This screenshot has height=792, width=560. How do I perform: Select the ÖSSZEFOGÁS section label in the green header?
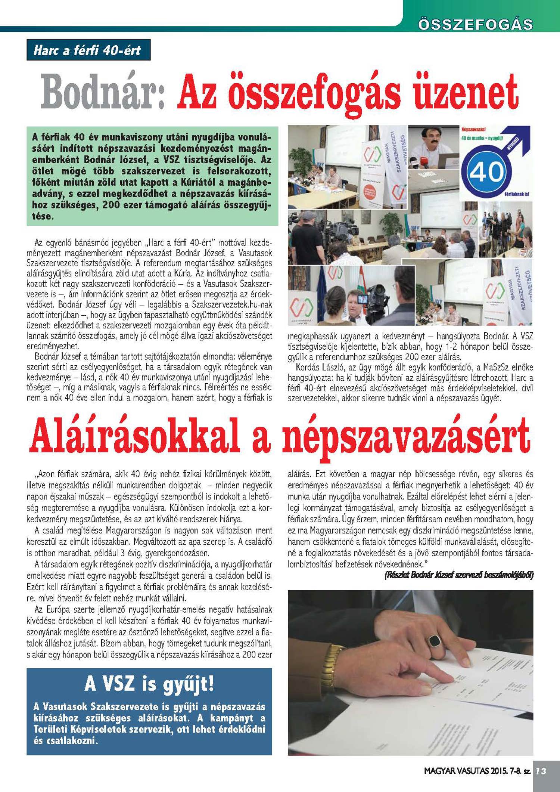coord(475,25)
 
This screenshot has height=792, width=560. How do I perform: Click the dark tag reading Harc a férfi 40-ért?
coord(88,50)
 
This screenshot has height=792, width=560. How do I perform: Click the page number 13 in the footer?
coord(541,771)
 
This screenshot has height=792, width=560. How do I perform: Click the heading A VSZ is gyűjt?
coord(149,684)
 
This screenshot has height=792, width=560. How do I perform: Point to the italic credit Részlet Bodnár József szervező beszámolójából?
coord(459,575)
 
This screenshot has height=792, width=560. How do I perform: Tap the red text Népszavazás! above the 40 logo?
coord(473,129)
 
